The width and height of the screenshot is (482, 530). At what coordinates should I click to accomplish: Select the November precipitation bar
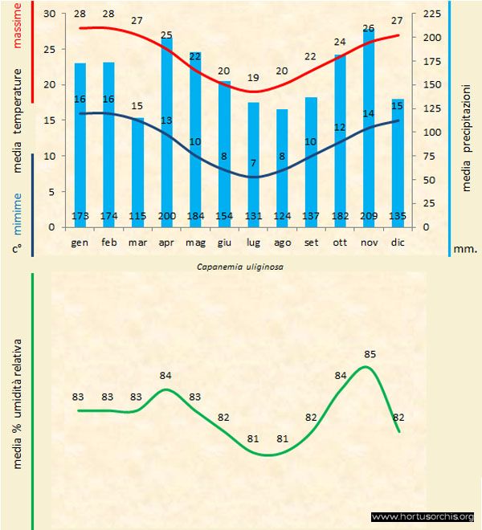[x=369, y=128]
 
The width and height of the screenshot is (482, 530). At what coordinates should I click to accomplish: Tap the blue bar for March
[x=137, y=172]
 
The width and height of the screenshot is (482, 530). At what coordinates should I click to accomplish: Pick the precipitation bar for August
[x=282, y=168]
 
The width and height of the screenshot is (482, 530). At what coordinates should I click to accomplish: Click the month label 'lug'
[x=253, y=242]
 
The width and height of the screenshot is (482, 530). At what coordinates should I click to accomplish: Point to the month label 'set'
[x=311, y=242]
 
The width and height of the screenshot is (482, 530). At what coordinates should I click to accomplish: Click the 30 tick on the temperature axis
[x=50, y=14]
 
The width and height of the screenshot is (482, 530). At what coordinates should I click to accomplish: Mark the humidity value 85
[x=370, y=353]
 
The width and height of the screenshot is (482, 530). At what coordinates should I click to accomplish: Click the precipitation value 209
[x=369, y=216]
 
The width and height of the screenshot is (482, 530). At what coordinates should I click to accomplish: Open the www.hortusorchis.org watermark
[x=423, y=517]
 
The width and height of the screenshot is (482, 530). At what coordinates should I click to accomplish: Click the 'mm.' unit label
[x=465, y=249]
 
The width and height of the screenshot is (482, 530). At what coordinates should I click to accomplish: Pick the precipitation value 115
[x=137, y=216]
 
